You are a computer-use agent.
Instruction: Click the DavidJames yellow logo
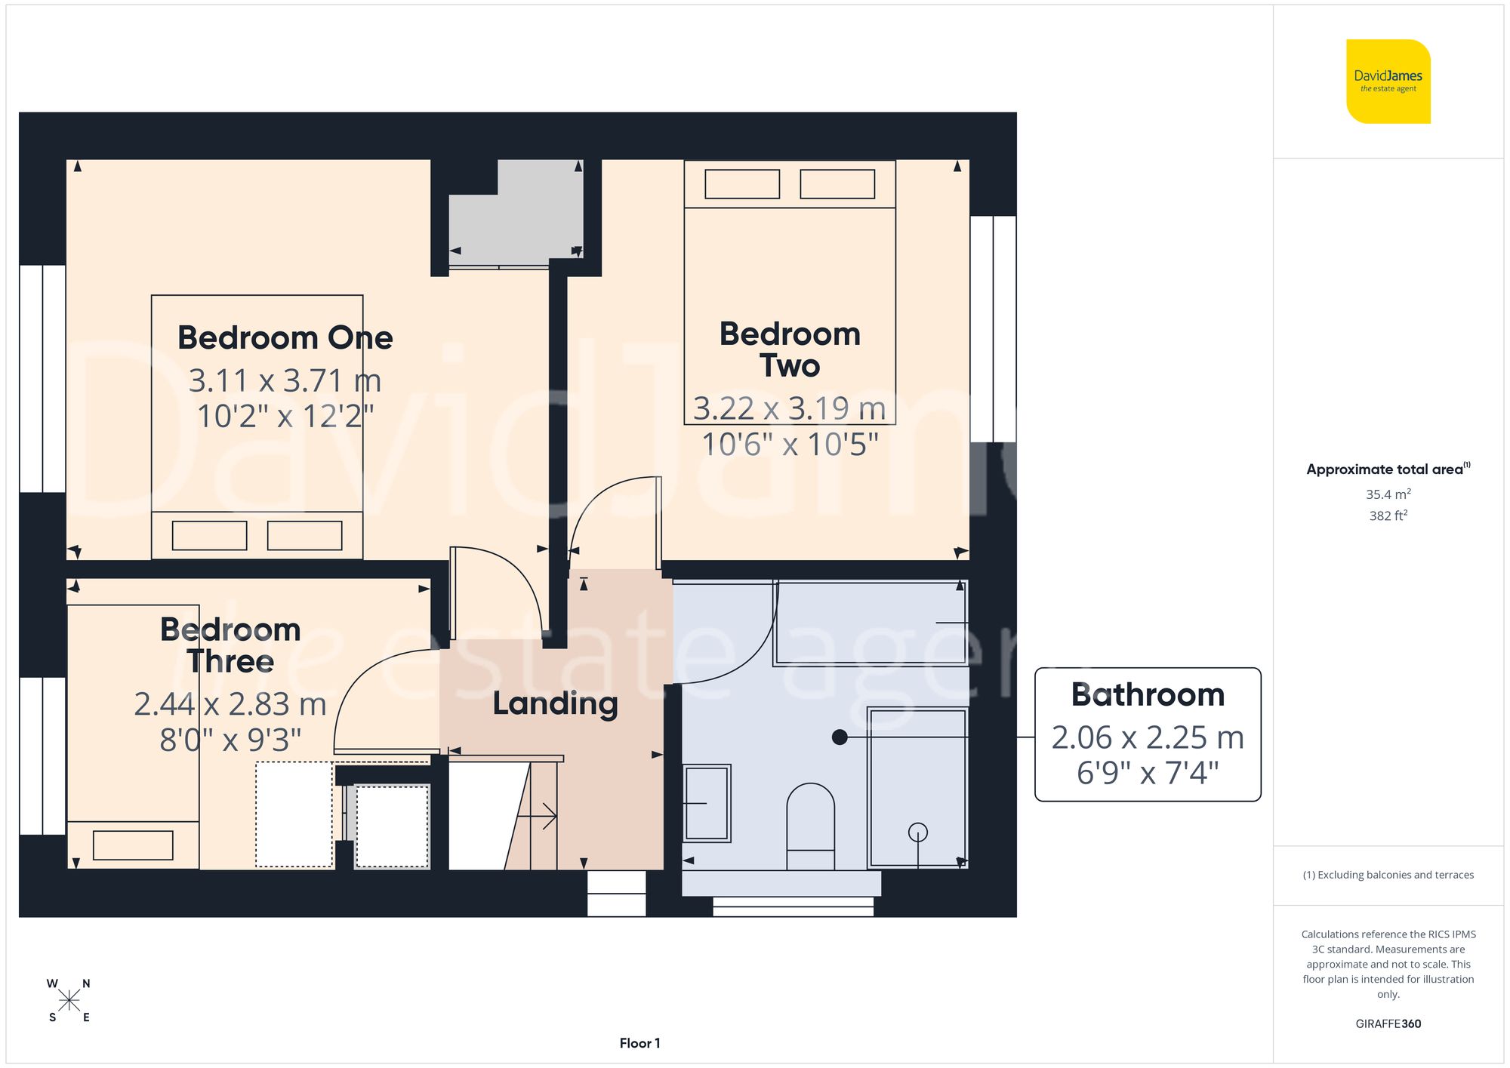[x=1388, y=82]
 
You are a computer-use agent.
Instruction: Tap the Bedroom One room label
[x=285, y=337]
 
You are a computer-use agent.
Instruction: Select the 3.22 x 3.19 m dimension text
[x=789, y=408]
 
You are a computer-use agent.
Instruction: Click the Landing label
[x=555, y=703]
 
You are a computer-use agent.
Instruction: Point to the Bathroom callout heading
[x=1147, y=694]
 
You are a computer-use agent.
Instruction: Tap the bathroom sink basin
[x=707, y=803]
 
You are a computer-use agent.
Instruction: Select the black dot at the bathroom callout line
[x=840, y=737]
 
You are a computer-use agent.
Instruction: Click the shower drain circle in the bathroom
[x=917, y=832]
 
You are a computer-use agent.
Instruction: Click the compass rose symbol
[x=69, y=1001]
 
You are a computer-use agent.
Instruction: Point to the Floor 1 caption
[x=639, y=1043]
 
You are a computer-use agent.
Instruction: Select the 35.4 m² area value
[x=1388, y=494]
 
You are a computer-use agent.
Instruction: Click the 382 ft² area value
[x=1388, y=516]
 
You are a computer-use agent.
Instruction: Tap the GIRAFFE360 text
[x=1388, y=1023]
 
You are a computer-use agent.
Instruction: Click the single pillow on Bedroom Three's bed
[x=133, y=845]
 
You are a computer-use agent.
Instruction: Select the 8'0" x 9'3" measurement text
[x=230, y=740]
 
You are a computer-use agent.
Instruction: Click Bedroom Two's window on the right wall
[x=993, y=328]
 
